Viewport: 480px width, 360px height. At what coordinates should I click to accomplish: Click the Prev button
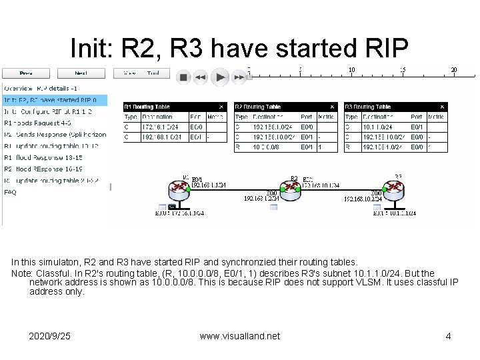coord(26,73)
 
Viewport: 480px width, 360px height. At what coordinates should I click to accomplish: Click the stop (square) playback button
coord(183,77)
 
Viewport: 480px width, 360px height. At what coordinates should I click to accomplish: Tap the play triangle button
coord(221,77)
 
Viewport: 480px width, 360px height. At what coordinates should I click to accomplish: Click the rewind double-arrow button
coord(201,77)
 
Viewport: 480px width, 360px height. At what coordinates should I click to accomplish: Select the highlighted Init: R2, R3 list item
coord(54,100)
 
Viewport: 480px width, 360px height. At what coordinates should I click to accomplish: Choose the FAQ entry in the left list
coord(11,192)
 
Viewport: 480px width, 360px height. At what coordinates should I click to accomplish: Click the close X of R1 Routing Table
coord(223,107)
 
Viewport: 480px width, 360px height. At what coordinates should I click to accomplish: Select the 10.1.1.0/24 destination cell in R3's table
coord(375,127)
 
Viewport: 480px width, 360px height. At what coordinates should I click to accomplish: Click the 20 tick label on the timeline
coord(454,69)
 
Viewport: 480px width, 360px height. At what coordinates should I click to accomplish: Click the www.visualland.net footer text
coord(239,336)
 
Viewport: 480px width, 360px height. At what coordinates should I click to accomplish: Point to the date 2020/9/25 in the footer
coord(49,336)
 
